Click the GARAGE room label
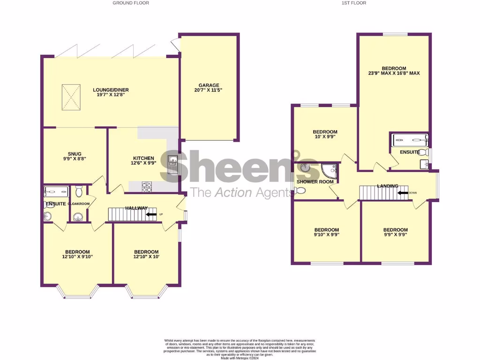209,85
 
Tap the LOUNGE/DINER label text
111,90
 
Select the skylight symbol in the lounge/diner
71,97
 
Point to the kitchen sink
172,164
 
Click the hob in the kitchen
147,187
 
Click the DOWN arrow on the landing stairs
402,192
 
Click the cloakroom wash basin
77,216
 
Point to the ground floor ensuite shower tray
56,191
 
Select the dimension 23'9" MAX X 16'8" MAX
394,73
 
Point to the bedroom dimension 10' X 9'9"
325,137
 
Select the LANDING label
388,186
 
